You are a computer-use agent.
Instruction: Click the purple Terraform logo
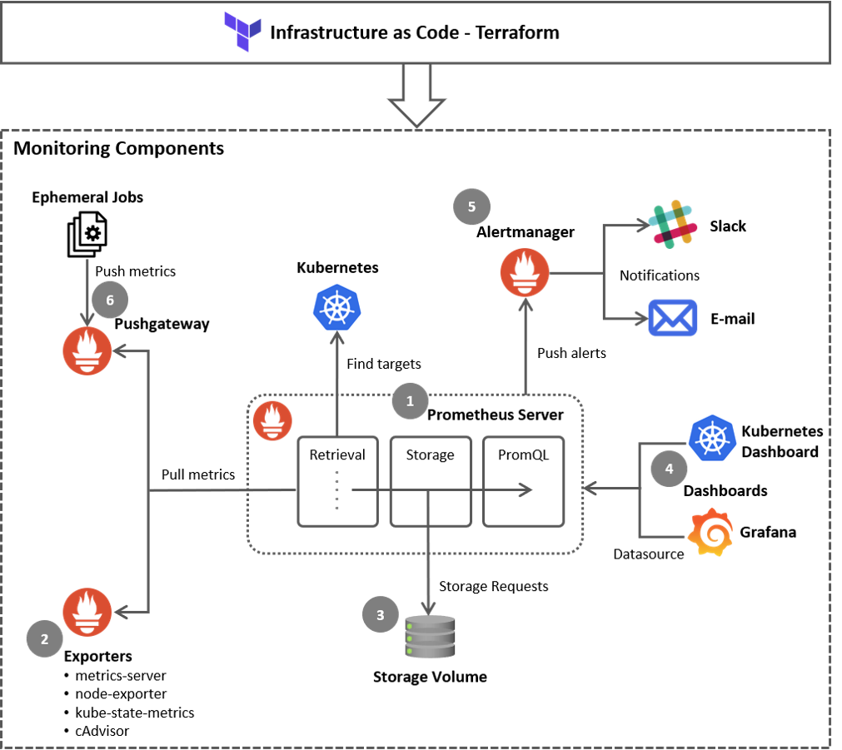pyautogui.click(x=242, y=32)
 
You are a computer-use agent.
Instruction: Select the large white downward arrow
pyautogui.click(x=416, y=94)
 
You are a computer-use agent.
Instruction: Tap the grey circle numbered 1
pyautogui.click(x=410, y=401)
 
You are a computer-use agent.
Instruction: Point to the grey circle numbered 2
pyautogui.click(x=44, y=638)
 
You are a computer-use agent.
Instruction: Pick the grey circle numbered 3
pyautogui.click(x=380, y=614)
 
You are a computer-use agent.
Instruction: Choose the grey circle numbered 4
pyautogui.click(x=669, y=469)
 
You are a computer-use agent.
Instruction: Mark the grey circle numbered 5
pyautogui.click(x=471, y=206)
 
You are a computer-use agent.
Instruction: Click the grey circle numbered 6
pyautogui.click(x=110, y=300)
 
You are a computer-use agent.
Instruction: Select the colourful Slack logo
pyautogui.click(x=673, y=224)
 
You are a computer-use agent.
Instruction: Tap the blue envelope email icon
pyautogui.click(x=673, y=317)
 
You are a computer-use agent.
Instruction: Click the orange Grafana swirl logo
pyautogui.click(x=710, y=532)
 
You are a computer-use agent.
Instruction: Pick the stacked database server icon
pyautogui.click(x=430, y=637)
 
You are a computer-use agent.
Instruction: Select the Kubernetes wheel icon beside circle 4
pyautogui.click(x=712, y=437)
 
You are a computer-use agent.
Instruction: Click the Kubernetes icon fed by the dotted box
pyautogui.click(x=336, y=307)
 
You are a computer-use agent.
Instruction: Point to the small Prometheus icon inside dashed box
pyautogui.click(x=272, y=420)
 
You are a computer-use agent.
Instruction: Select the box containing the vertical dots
pyautogui.click(x=337, y=481)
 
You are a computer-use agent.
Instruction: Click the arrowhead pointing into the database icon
pyautogui.click(x=428, y=609)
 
